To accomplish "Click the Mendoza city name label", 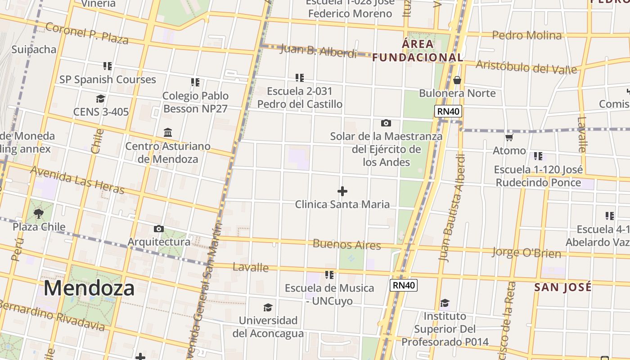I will click(x=89, y=288).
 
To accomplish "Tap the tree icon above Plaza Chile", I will click(x=39, y=213).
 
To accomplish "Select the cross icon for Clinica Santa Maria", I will click(x=342, y=191).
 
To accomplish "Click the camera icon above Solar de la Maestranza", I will click(x=386, y=123).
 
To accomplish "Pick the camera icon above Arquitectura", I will click(x=158, y=229).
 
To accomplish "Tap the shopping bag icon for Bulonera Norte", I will click(x=457, y=80).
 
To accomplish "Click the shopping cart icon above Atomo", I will click(x=509, y=137).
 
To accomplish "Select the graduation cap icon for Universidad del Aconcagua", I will click(x=268, y=307).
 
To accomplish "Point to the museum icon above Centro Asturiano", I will click(x=168, y=133).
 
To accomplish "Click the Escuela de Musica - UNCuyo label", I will click(x=329, y=294).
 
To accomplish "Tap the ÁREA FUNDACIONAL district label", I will click(x=418, y=50).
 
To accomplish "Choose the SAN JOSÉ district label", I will click(x=562, y=287).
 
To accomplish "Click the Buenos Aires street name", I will click(x=346, y=244).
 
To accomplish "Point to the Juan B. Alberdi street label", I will click(x=318, y=51).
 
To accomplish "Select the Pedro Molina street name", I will click(x=526, y=35).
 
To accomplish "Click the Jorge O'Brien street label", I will click(x=526, y=252).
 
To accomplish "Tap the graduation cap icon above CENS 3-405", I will click(x=100, y=99).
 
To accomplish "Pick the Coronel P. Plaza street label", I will click(x=87, y=33).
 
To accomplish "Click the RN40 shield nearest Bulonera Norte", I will click(x=448, y=111).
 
